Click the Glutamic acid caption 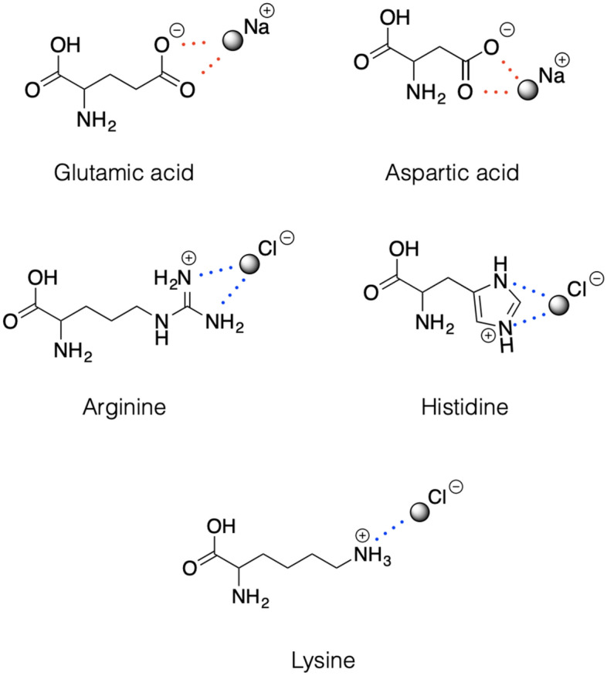coord(124,172)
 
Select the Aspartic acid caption coord(453,172)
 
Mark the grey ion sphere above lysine coord(420,512)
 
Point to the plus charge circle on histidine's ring coord(489,337)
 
